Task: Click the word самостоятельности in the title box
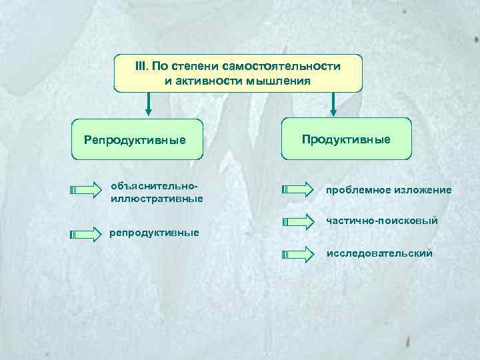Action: click(x=286, y=67)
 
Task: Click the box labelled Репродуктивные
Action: click(x=137, y=139)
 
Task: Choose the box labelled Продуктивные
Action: click(x=346, y=139)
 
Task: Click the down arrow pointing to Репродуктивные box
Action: click(x=149, y=103)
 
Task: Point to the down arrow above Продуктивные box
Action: click(x=334, y=103)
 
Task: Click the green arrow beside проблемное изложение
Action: click(x=297, y=189)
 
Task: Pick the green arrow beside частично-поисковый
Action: click(x=297, y=219)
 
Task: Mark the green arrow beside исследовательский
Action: click(x=297, y=254)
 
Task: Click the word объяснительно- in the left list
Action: click(x=155, y=185)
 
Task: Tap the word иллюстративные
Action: click(x=157, y=198)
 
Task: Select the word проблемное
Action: click(x=357, y=190)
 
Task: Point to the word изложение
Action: click(x=421, y=190)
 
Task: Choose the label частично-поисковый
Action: click(x=382, y=220)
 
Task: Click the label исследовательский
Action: click(x=379, y=253)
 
